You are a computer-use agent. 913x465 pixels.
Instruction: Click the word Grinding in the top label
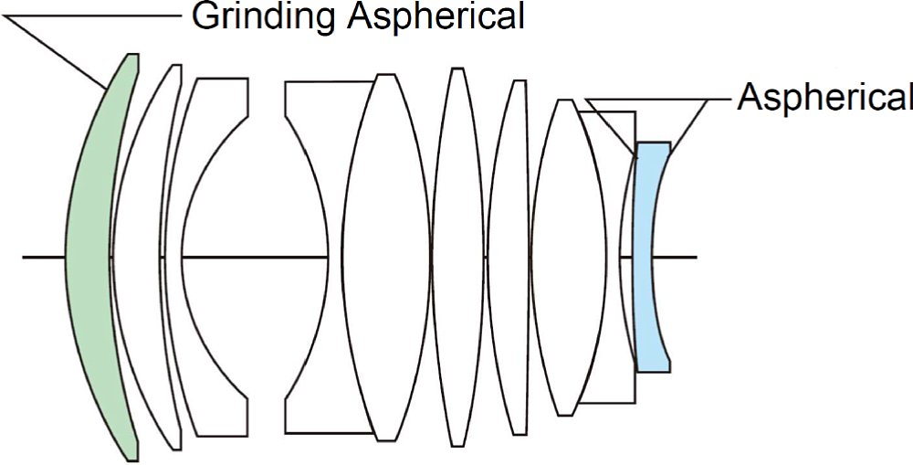point(265,17)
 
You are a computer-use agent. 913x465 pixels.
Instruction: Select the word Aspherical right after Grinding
point(436,17)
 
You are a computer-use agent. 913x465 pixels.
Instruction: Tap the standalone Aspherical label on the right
point(824,97)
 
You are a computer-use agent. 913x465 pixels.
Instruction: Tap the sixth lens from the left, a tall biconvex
point(458,257)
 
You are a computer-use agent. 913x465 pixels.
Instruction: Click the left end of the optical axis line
point(24,257)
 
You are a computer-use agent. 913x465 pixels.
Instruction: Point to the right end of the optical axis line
point(697,257)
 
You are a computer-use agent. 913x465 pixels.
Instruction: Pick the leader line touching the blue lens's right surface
point(689,127)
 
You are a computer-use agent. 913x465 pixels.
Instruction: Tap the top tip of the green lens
point(132,54)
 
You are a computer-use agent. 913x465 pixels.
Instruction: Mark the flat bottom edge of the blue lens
point(654,371)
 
